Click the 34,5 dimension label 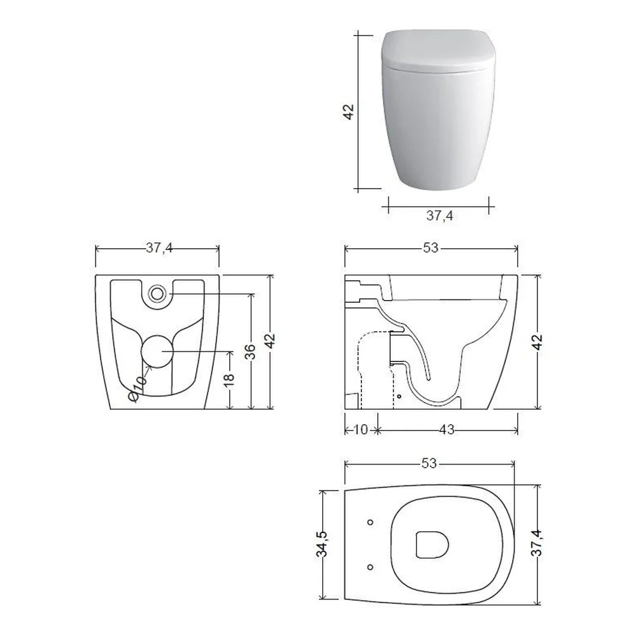click(323, 544)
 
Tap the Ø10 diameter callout click(137, 389)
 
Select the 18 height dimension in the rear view click(229, 379)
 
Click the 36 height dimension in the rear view click(250, 351)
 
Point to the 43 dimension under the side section click(446, 430)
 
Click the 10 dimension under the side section click(361, 430)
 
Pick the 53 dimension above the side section click(430, 248)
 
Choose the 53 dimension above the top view click(429, 463)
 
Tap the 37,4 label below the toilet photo click(440, 216)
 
